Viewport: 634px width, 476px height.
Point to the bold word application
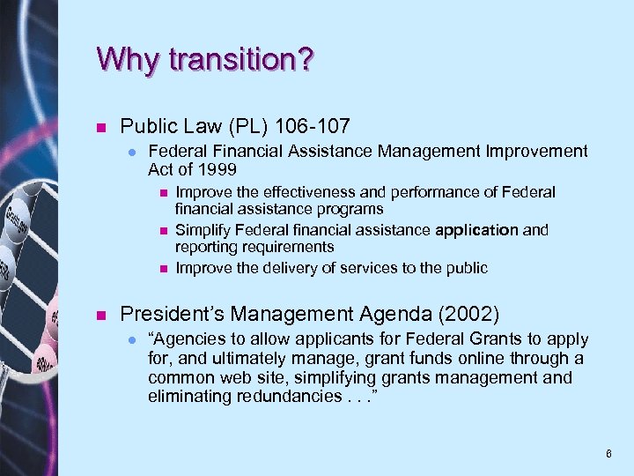click(476, 230)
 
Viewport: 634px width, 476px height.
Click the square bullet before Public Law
click(101, 126)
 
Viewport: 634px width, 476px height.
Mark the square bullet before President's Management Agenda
click(101, 313)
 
